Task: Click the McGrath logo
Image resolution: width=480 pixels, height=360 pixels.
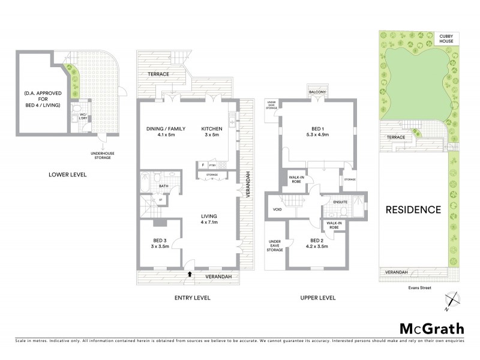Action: (x=432, y=328)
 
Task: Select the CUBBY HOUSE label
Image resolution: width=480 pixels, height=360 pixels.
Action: (x=449, y=39)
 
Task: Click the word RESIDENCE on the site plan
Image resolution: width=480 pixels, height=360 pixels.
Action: (x=413, y=210)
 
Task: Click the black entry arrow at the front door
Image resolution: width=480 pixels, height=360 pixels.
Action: (x=190, y=274)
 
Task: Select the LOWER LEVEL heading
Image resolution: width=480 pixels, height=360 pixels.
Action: (x=68, y=175)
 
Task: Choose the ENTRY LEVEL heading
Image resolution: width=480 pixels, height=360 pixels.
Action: (x=191, y=298)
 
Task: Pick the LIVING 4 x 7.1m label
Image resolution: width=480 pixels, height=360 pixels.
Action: (x=208, y=220)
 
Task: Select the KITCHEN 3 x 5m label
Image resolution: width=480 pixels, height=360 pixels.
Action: (x=212, y=132)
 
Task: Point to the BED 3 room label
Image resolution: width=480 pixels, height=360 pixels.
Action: (x=160, y=243)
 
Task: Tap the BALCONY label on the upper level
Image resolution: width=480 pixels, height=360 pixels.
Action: (x=317, y=92)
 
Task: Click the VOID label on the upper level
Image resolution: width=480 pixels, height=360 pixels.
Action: (x=277, y=209)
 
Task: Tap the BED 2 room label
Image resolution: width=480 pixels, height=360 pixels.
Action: (x=316, y=243)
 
